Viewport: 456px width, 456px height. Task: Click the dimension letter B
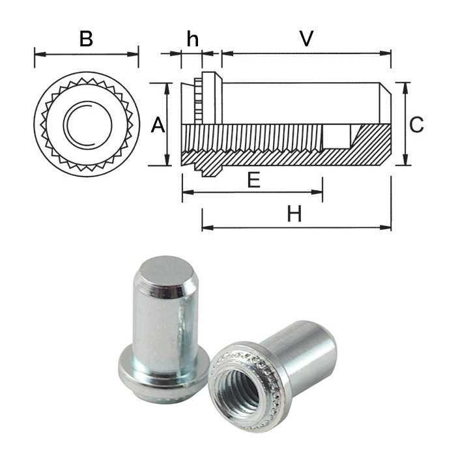coord(86,38)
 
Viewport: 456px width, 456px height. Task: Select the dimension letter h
coord(192,38)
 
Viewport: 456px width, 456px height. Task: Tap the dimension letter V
coord(306,38)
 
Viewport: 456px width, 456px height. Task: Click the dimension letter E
coord(253,180)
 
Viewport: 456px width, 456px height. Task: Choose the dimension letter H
coord(294,214)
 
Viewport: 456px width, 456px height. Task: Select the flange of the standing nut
coord(163,369)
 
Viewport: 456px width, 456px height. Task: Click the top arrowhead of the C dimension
coord(405,87)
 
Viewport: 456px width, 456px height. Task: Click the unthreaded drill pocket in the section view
coord(337,137)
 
